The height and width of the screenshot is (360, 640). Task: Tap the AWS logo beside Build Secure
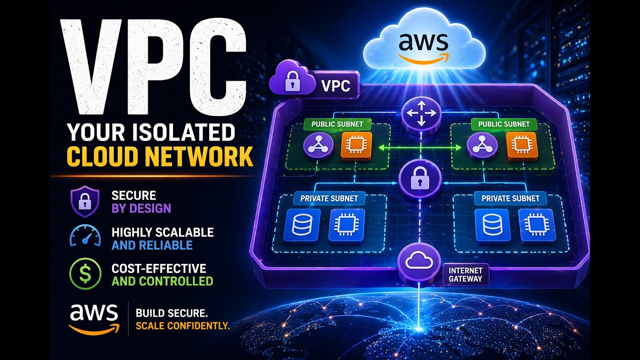tap(94, 317)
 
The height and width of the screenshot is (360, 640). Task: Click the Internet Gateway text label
tap(465, 274)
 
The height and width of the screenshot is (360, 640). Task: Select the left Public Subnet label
tap(334, 124)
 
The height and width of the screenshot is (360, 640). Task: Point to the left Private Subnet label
tap(329, 198)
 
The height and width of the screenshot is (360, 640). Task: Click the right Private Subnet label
tap(510, 198)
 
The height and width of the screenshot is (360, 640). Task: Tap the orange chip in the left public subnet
tap(356, 146)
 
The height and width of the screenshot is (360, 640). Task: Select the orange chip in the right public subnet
tap(522, 146)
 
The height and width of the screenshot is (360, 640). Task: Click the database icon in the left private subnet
tap(301, 225)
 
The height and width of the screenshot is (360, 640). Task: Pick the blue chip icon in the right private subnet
tap(536, 225)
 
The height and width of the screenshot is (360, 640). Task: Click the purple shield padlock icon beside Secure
tap(84, 201)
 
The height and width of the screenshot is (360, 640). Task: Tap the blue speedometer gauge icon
tap(85, 237)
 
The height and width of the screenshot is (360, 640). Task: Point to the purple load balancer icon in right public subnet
tap(482, 146)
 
